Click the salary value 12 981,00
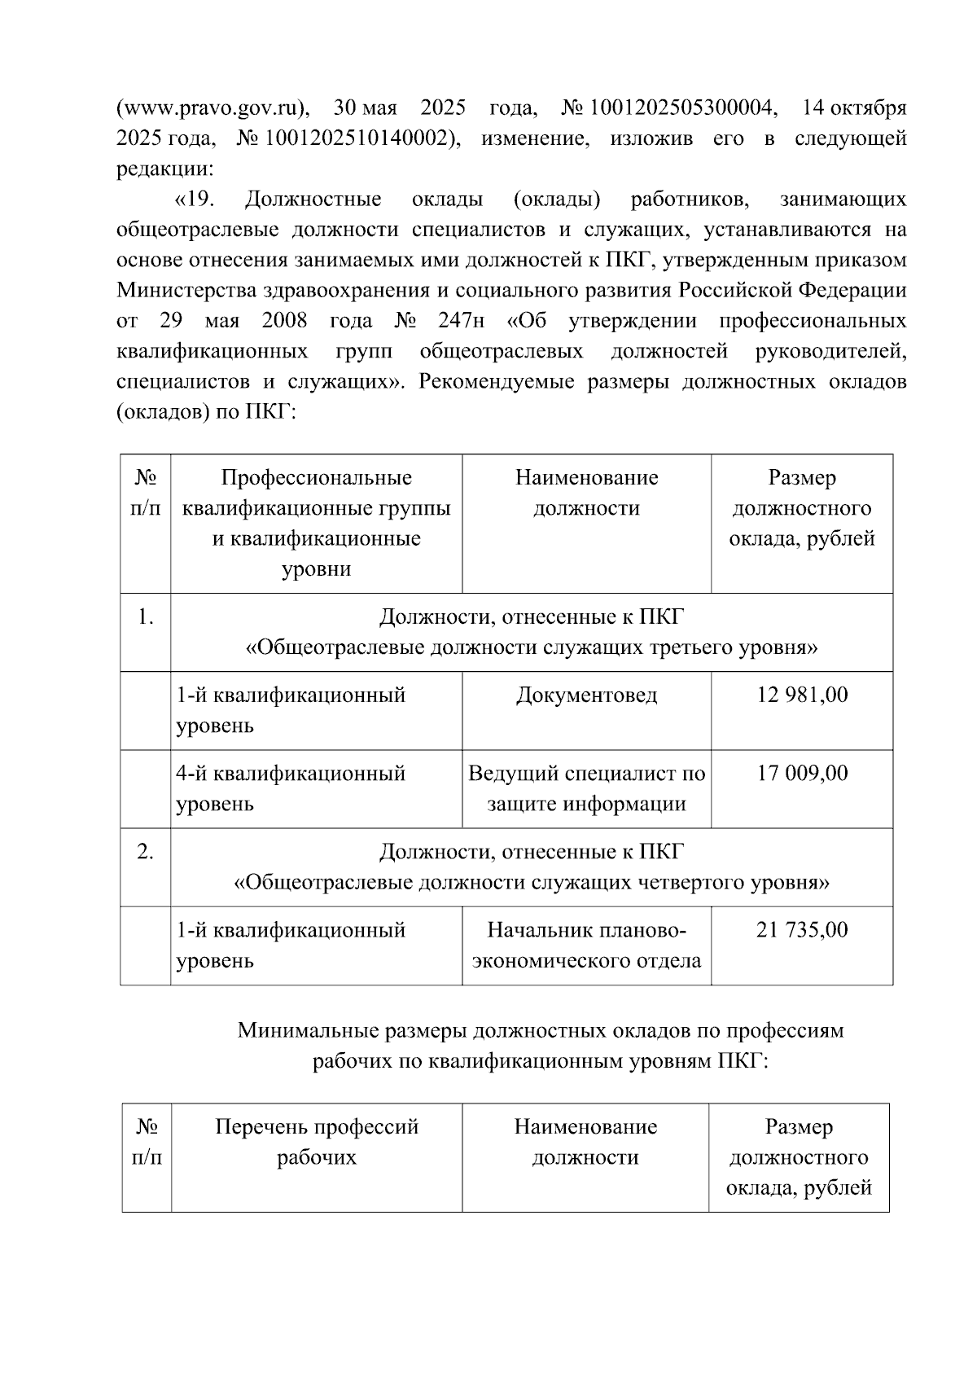coord(801,695)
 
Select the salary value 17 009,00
coord(801,773)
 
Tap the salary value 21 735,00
coord(801,929)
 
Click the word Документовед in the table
coord(586,695)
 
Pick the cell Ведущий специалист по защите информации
coord(586,788)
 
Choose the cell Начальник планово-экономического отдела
coord(586,945)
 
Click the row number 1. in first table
coord(145,616)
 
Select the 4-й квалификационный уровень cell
coord(291,788)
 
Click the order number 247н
coord(461,321)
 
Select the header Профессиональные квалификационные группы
coord(316,493)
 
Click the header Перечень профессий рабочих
coord(316,1142)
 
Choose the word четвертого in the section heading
coord(690,883)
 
